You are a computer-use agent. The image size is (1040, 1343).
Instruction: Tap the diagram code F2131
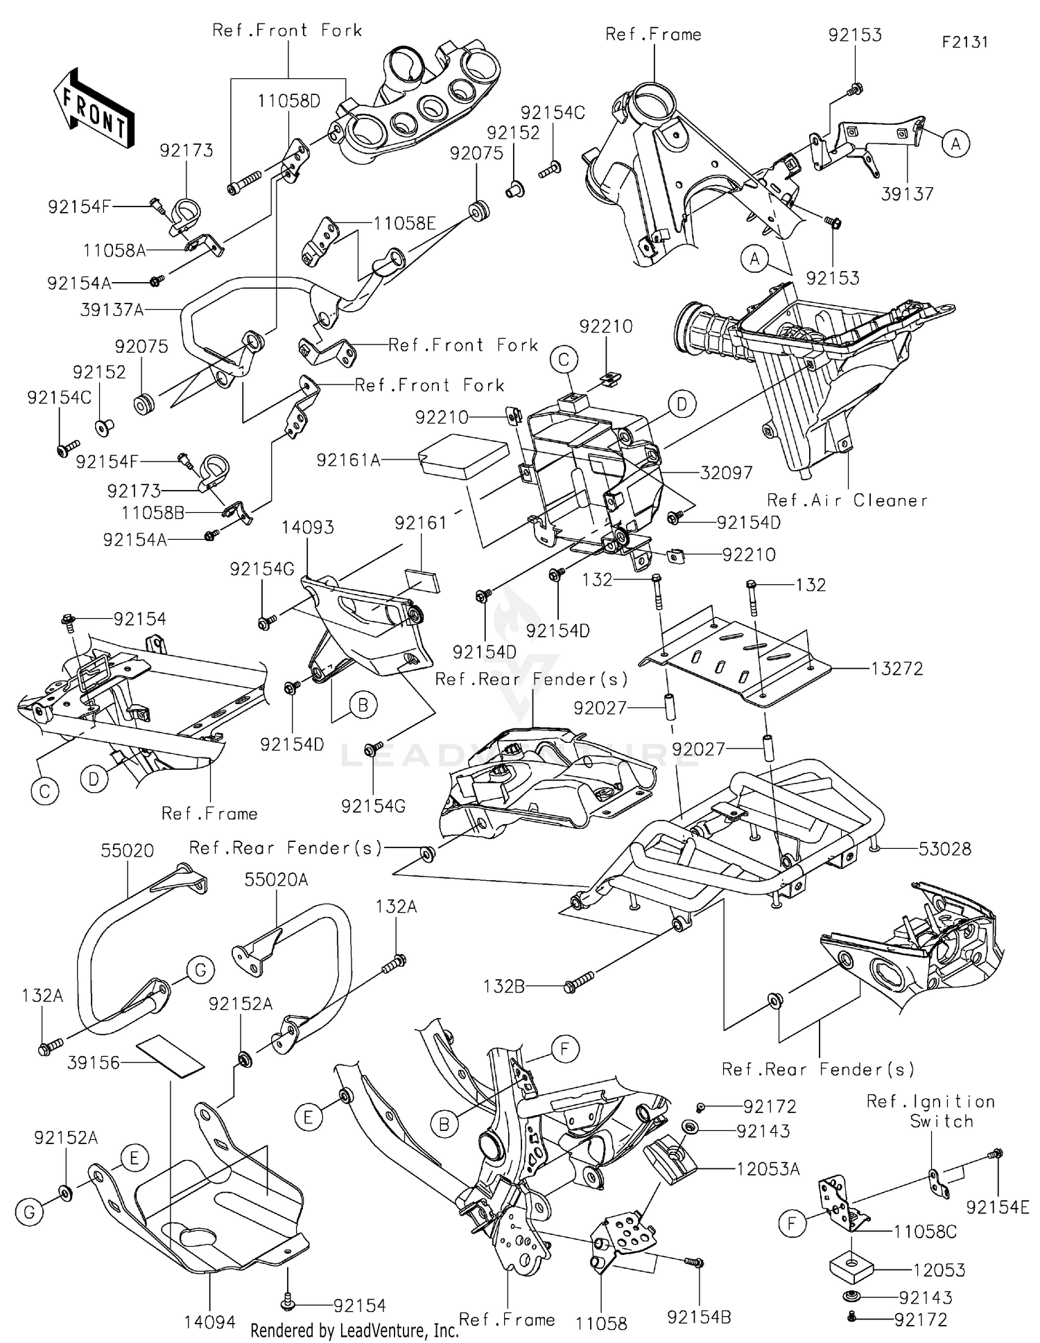(x=964, y=42)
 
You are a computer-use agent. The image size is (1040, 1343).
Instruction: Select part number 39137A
(x=112, y=310)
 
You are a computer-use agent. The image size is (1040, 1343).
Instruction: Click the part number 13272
(x=897, y=669)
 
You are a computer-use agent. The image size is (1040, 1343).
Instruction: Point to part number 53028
(x=944, y=849)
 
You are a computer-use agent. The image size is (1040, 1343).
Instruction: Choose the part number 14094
(x=209, y=1322)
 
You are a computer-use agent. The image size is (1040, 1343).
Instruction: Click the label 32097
(x=726, y=473)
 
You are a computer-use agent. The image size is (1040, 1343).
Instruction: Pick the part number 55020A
(x=276, y=879)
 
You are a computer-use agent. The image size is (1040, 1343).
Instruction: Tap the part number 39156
(x=94, y=1062)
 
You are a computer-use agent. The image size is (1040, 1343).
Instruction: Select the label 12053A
(x=768, y=1169)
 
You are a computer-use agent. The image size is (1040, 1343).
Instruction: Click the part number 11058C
(x=925, y=1231)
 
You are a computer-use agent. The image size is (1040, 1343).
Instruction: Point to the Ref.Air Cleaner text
(x=847, y=500)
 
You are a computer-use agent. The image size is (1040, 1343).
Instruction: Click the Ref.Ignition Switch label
(x=930, y=1111)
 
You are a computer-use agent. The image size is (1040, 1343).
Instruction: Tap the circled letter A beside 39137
(x=955, y=144)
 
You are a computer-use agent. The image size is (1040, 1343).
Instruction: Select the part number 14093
(x=307, y=527)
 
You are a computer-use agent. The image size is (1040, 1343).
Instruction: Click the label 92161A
(x=348, y=460)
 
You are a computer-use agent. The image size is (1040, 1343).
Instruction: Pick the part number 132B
(x=503, y=985)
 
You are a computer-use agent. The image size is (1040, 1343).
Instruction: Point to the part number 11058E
(x=404, y=223)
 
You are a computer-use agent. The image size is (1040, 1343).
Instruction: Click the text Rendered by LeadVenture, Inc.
(x=354, y=1331)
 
